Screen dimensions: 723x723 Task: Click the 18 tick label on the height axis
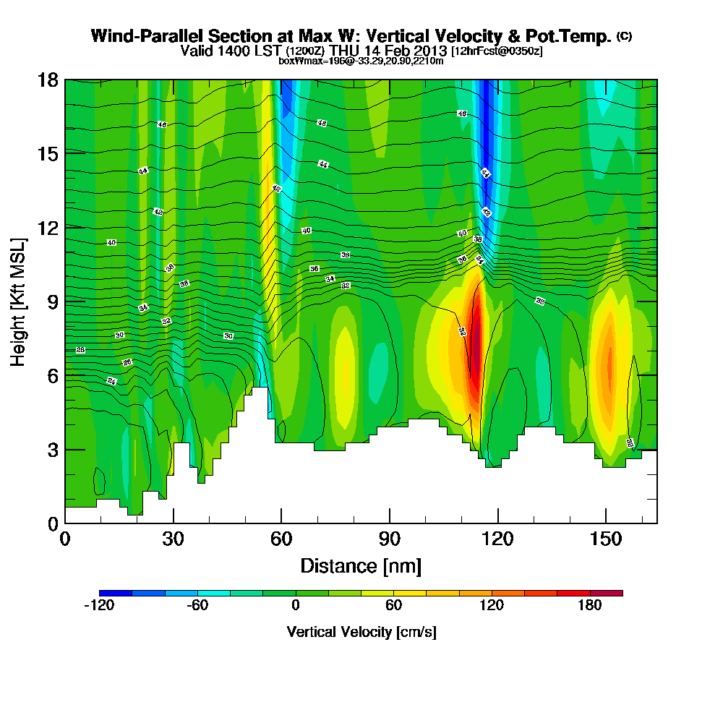pos(47,80)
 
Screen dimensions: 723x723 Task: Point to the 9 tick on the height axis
pos(65,301)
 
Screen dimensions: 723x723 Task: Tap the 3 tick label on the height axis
pos(51,449)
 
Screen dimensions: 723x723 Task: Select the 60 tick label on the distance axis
pos(281,539)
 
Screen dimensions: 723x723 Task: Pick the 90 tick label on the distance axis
pos(390,539)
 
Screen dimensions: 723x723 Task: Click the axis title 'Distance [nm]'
pos(361,565)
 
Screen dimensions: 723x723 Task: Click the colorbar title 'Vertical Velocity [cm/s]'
pos(361,632)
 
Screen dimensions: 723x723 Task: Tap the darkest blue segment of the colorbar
pos(116,593)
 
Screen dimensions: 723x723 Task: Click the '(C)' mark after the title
pos(624,36)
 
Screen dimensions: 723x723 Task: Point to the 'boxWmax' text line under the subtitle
pos(361,61)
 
